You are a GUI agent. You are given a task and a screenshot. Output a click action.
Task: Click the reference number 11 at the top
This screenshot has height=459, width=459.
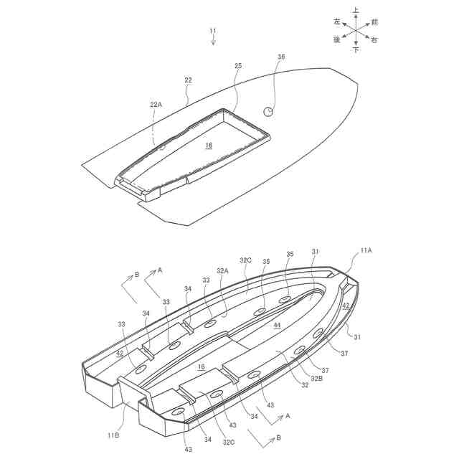pos(212,31)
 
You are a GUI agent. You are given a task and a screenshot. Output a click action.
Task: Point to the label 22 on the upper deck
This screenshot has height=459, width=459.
pos(188,80)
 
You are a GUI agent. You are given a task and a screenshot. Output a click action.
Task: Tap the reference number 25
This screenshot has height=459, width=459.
pos(238,66)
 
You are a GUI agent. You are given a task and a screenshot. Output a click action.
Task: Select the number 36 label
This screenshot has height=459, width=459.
pos(281,57)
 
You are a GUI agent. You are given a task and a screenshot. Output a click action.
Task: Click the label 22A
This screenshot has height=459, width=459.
pos(156,105)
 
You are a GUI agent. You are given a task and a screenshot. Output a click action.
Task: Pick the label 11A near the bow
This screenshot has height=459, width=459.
pos(366,250)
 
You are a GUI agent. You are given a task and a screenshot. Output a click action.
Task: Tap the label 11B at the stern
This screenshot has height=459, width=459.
pos(113,435)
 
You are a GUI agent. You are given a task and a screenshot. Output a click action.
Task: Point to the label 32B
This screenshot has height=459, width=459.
pos(316,378)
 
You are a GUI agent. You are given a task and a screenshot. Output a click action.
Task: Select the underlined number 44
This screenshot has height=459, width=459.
pos(277,325)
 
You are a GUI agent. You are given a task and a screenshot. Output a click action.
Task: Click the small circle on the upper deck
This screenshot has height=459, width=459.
pos(269,111)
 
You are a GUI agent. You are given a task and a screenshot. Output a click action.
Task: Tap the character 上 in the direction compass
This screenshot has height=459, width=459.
pos(356,11)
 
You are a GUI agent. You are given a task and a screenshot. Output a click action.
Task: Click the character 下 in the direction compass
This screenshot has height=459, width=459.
pos(356,51)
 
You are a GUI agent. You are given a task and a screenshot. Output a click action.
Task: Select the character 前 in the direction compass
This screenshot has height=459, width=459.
pos(374,22)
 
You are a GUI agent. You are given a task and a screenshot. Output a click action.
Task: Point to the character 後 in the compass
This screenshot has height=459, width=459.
pos(337,40)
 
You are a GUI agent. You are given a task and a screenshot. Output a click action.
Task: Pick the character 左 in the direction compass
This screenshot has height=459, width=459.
pos(337,22)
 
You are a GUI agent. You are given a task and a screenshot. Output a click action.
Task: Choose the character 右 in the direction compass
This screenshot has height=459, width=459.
pos(374,41)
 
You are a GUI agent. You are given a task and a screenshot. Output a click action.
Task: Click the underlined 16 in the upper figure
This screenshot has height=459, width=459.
pos(209,145)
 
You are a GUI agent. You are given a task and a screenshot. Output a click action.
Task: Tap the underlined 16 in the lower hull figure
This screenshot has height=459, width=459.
pos(202,366)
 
